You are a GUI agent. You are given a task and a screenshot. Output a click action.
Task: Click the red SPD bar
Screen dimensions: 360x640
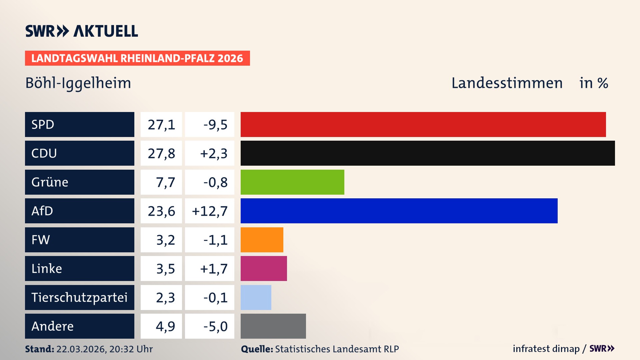click(x=423, y=124)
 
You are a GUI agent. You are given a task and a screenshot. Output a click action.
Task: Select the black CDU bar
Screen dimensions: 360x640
click(x=428, y=153)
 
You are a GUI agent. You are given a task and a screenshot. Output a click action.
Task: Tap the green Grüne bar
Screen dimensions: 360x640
click(x=292, y=182)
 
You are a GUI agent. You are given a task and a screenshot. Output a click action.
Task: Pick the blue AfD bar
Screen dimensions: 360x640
click(x=399, y=211)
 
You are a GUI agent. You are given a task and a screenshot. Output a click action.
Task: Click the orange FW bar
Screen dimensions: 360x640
click(x=262, y=240)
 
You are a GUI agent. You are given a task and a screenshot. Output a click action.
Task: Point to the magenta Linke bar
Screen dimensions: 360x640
click(x=264, y=268)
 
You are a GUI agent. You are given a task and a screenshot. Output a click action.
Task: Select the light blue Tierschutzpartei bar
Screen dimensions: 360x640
click(x=256, y=297)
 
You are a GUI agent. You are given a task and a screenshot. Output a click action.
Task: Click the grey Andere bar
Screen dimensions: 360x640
click(x=273, y=326)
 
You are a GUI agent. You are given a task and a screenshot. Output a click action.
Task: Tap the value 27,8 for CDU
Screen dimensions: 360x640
click(x=161, y=153)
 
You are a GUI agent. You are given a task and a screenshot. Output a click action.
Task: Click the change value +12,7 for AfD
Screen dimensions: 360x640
click(x=210, y=211)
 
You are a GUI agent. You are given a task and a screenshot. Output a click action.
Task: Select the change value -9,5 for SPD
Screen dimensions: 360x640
click(x=215, y=125)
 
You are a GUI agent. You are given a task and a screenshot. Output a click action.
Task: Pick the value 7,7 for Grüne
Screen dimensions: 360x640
click(x=165, y=182)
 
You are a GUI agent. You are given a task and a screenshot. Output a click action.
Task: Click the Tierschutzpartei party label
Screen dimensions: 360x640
click(x=79, y=297)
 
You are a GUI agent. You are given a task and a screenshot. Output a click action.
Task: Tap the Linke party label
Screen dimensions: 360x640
click(x=47, y=269)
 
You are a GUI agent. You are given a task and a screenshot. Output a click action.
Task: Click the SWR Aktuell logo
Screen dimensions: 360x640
click(x=82, y=31)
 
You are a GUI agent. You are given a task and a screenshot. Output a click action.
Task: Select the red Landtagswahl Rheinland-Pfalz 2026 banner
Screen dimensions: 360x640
click(x=137, y=58)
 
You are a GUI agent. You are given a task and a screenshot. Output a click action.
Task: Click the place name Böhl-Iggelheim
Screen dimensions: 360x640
click(x=78, y=83)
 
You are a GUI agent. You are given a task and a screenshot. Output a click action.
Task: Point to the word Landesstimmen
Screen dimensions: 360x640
click(x=507, y=83)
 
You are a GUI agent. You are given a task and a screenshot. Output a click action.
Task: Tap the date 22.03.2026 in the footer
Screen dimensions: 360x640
click(x=81, y=349)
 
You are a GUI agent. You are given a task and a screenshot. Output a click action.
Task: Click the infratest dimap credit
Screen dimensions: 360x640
click(x=546, y=349)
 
